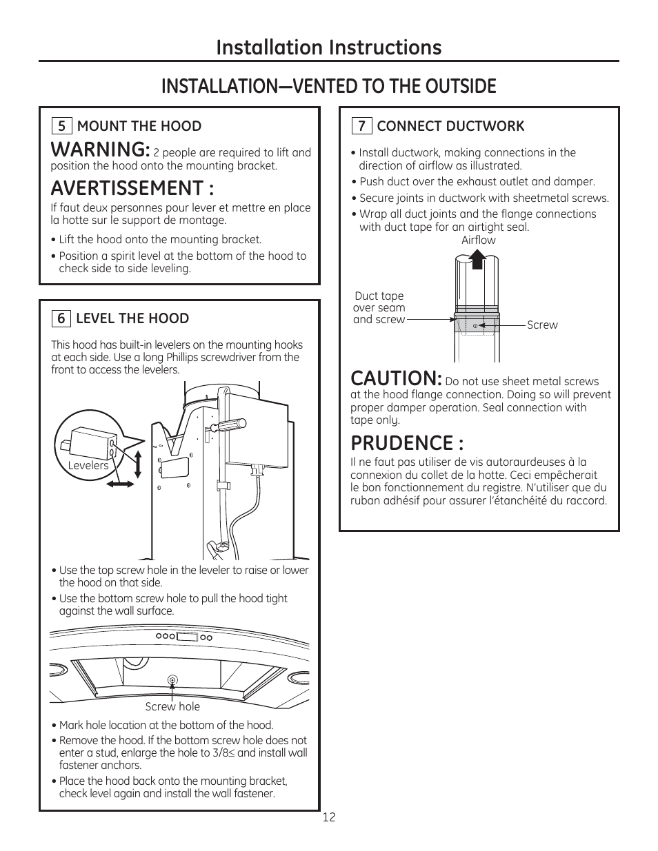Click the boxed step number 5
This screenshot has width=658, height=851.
click(x=61, y=126)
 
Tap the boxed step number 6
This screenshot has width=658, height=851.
click(x=61, y=318)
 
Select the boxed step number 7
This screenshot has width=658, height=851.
click(x=361, y=126)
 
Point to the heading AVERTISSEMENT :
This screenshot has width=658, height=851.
click(x=132, y=188)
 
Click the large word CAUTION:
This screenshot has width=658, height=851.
click(x=396, y=378)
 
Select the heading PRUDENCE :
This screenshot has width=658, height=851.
click(x=407, y=442)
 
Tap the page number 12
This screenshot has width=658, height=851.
click(x=329, y=817)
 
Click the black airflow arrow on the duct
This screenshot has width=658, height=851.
click(x=476, y=262)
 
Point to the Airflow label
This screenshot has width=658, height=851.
click(x=478, y=240)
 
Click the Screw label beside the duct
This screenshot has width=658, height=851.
click(x=542, y=325)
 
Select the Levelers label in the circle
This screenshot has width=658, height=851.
click(x=88, y=466)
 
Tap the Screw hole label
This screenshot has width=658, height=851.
click(x=172, y=706)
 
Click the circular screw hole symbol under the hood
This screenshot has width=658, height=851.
click(x=172, y=681)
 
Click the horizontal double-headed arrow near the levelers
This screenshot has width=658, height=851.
click(x=121, y=484)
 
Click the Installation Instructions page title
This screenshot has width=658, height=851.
click(x=328, y=47)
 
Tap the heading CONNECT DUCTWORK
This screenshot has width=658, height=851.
click(x=450, y=126)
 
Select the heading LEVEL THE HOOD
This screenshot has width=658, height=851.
click(x=132, y=318)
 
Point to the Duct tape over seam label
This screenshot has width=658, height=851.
click(x=379, y=307)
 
